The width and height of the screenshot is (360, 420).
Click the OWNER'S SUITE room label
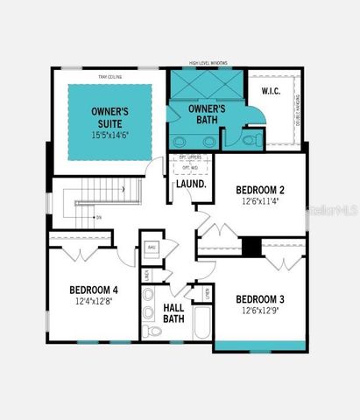(111, 117)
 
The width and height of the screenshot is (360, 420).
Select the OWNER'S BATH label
(208, 114)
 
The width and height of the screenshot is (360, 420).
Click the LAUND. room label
(191, 185)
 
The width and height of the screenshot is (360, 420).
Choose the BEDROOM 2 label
(260, 189)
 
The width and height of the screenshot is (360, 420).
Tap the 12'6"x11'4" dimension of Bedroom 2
(260, 200)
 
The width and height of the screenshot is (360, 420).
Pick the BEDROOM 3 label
(260, 297)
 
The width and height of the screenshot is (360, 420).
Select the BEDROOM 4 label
(94, 290)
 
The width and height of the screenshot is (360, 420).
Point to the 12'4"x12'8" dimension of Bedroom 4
(94, 302)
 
